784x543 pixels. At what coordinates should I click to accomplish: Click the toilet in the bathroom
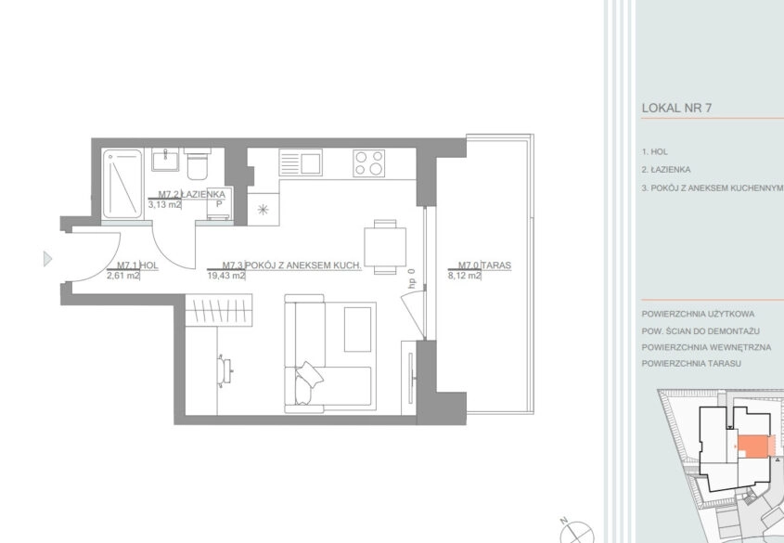pos(197,163)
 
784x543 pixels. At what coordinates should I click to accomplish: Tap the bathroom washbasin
pos(165,160)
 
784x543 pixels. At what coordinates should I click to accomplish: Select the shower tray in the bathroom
pos(122,184)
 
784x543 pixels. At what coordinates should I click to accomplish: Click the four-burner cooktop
pos(369,163)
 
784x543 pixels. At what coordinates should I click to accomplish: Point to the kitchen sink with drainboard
pos(301,162)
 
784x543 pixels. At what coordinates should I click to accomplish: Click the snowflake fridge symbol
pos(263,210)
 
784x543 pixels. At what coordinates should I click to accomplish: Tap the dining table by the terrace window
pos(385,247)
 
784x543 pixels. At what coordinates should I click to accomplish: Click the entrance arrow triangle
pos(47,258)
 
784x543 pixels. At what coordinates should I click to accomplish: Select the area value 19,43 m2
pos(226,275)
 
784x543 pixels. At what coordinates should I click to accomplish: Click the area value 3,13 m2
pos(164,204)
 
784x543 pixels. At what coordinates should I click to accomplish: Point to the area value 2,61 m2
pos(123,275)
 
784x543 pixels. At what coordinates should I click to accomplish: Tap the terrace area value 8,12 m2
pos(465,275)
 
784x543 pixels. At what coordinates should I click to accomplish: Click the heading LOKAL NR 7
pos(676,108)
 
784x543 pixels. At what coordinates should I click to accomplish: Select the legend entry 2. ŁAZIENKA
pos(666,170)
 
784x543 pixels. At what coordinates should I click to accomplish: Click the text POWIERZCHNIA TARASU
pos(691,364)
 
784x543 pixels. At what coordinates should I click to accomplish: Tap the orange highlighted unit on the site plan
pos(753,446)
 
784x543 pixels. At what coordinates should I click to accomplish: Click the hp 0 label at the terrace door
pos(412,278)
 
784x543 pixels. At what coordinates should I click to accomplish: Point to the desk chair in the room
pos(225,370)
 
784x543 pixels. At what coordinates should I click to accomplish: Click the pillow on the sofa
pos(310,374)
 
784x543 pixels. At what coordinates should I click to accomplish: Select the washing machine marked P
pos(219,206)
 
